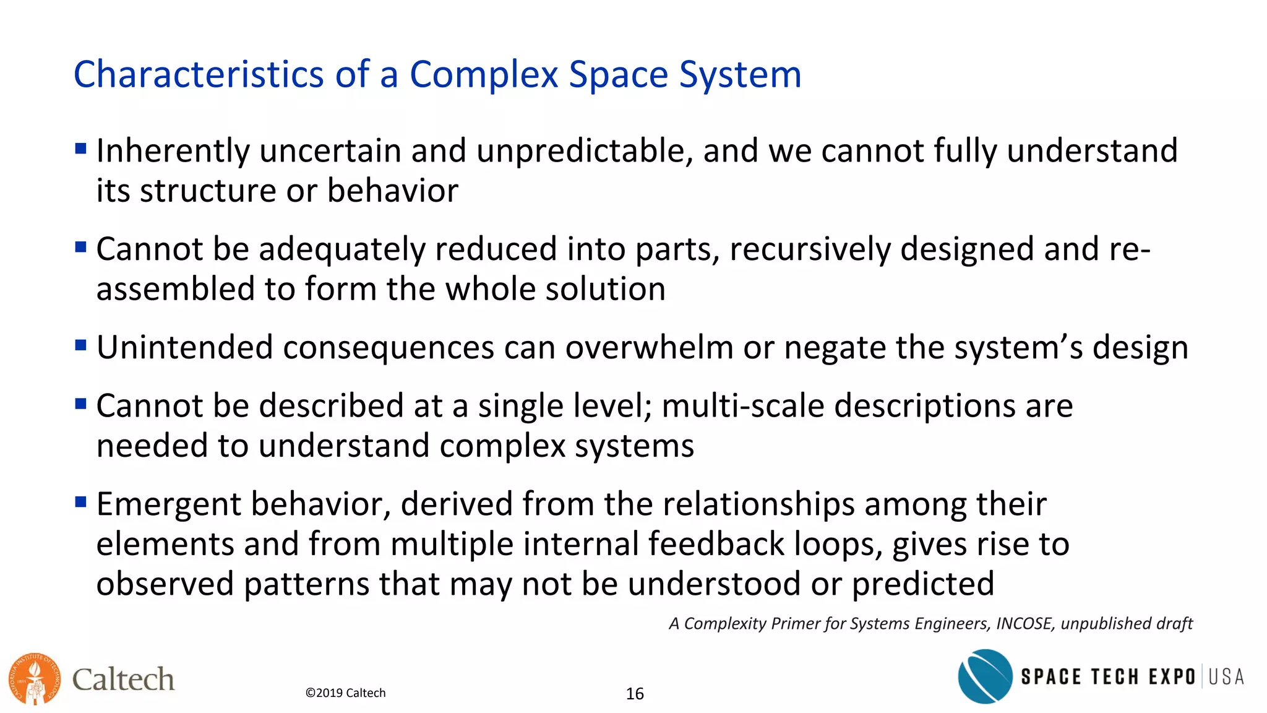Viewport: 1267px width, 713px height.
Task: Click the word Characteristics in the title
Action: pos(199,75)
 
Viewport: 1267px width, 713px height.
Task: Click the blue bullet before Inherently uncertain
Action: pos(80,149)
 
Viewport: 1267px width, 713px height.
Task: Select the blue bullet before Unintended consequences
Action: pos(80,345)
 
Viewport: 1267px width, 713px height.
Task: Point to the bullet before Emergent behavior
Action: pos(80,501)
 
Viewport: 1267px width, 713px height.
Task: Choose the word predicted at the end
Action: pos(923,584)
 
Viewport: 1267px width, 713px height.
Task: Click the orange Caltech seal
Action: pos(35,679)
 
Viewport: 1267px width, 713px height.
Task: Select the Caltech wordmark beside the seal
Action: pos(123,680)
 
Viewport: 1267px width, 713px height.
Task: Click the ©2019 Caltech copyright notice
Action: pos(345,693)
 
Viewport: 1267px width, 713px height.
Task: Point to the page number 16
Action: pos(635,694)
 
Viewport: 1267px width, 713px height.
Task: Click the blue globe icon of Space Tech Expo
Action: pos(985,676)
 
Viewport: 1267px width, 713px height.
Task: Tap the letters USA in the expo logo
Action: pos(1226,676)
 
